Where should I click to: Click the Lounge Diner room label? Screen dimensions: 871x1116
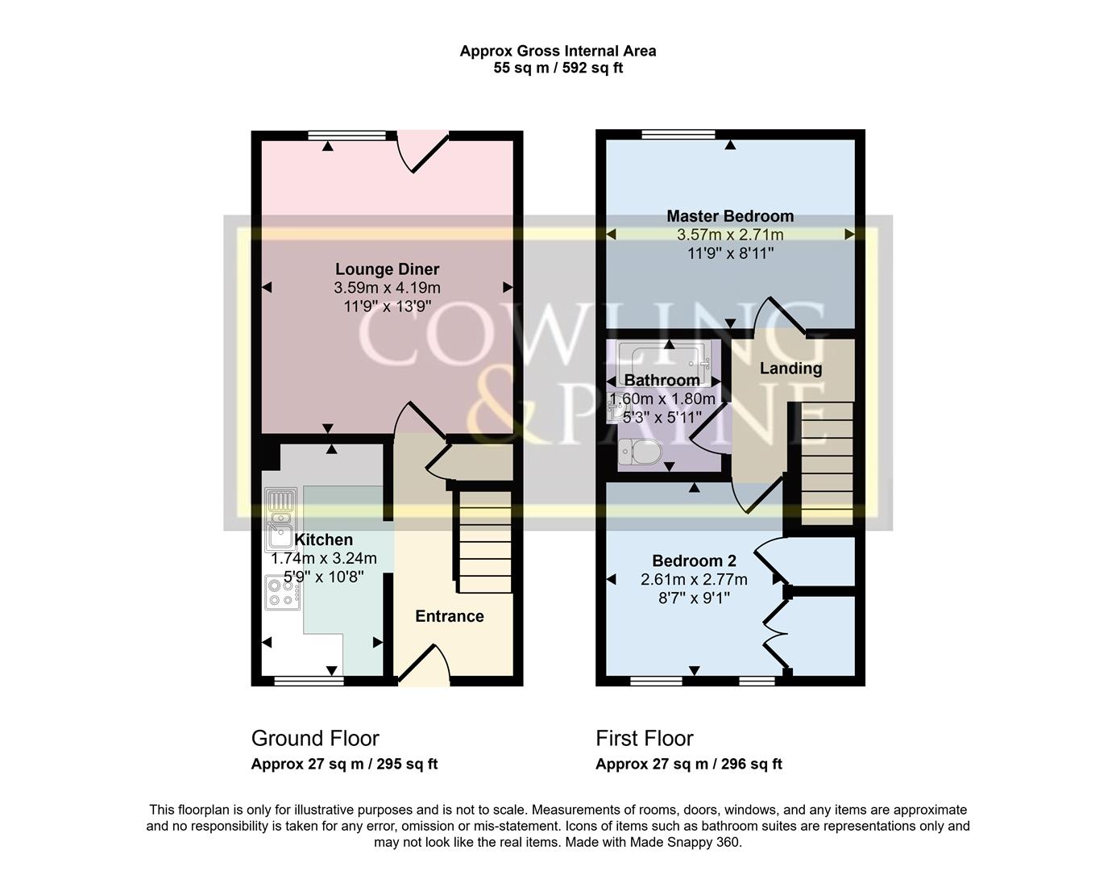pyautogui.click(x=387, y=269)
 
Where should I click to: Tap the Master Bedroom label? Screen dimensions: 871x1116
pyautogui.click(x=730, y=216)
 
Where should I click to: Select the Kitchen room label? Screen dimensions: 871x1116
pyautogui.click(x=323, y=540)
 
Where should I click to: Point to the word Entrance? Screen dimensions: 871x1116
pyautogui.click(x=450, y=616)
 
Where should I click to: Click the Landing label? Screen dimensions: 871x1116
pyautogui.click(x=790, y=369)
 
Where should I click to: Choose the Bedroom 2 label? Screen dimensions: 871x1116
pyautogui.click(x=694, y=561)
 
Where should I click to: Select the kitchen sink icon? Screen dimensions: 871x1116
pyautogui.click(x=280, y=520)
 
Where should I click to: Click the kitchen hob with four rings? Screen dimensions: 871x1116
pyautogui.click(x=282, y=592)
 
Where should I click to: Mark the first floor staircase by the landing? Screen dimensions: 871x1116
pyautogui.click(x=826, y=463)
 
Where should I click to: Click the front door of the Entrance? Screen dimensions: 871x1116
pyautogui.click(x=424, y=666)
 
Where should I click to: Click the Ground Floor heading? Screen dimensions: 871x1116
pyautogui.click(x=315, y=738)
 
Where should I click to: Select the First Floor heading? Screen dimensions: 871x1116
pyautogui.click(x=644, y=738)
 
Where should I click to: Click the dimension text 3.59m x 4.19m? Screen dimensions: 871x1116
pyautogui.click(x=387, y=288)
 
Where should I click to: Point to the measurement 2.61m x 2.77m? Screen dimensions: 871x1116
pyautogui.click(x=694, y=580)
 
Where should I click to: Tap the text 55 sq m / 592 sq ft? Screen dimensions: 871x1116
pyautogui.click(x=558, y=69)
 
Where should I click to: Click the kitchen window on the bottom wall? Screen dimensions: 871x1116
pyautogui.click(x=309, y=681)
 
